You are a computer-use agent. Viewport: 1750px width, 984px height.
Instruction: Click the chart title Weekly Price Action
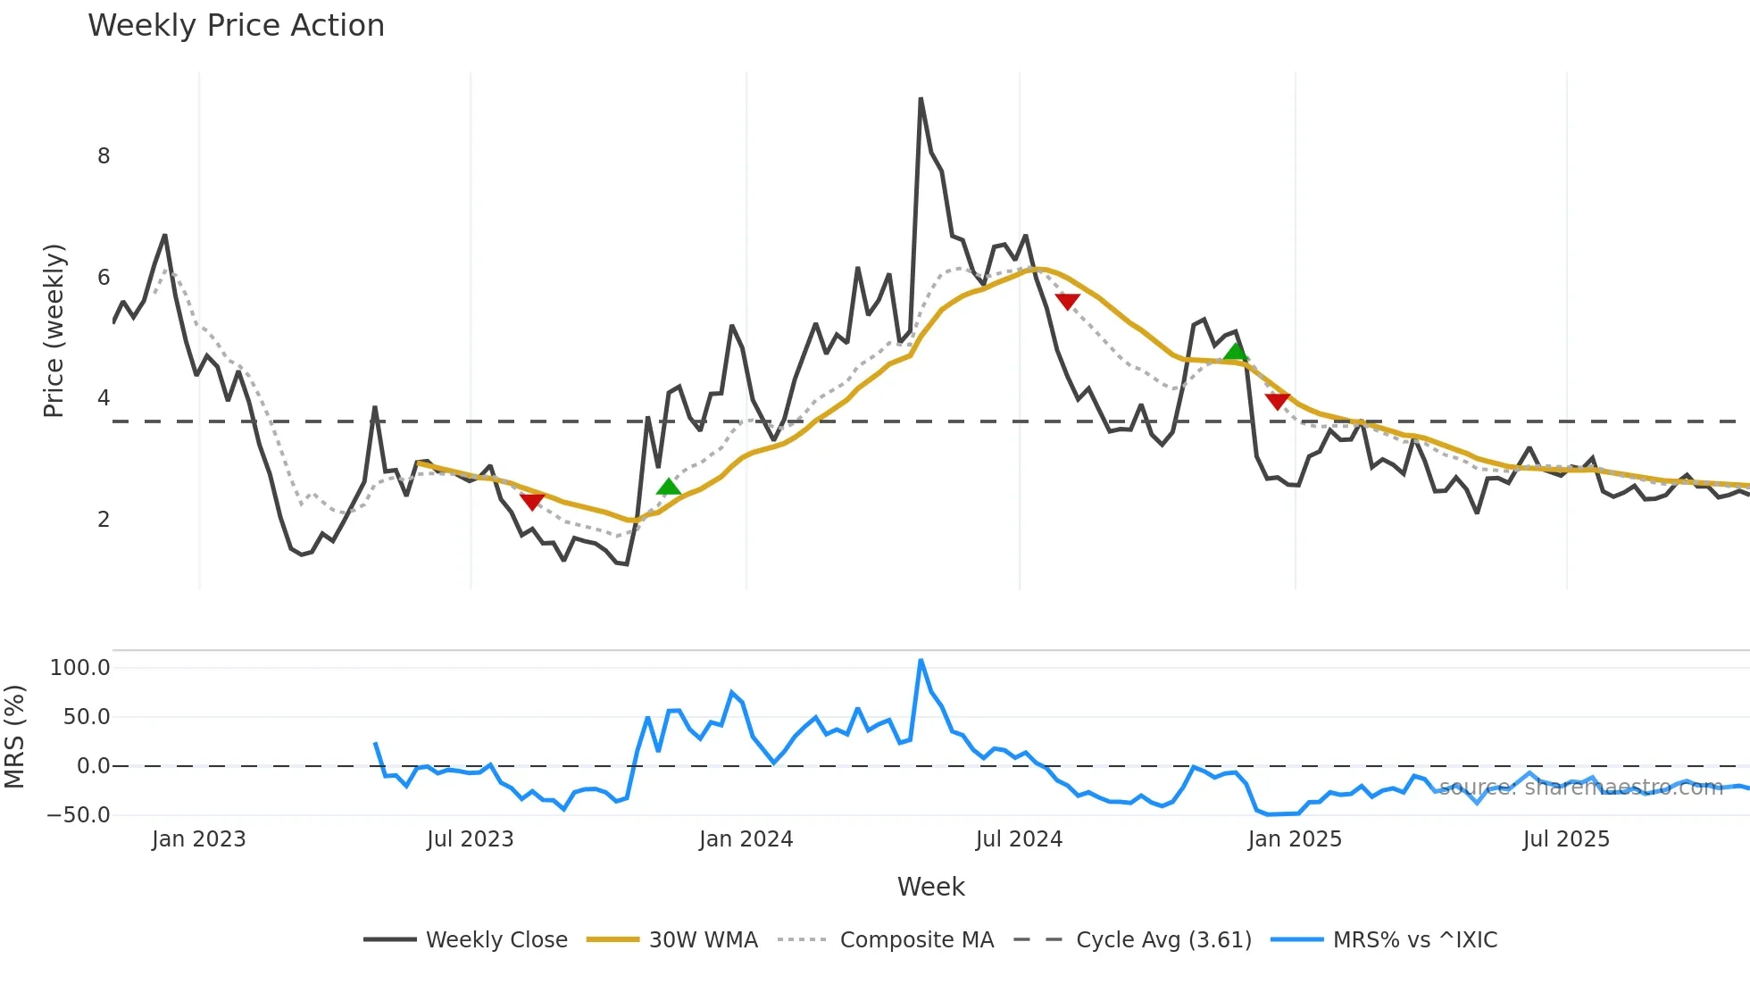tap(236, 26)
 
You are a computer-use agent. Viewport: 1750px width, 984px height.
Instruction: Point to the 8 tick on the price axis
tap(104, 156)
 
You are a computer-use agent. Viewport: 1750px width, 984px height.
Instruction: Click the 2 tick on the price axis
tap(104, 520)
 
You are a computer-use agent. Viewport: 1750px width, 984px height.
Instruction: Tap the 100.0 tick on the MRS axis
tap(80, 668)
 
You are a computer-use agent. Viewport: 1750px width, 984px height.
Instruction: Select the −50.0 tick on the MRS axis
tap(79, 815)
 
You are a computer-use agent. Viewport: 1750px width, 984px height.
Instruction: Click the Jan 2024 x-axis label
tap(746, 839)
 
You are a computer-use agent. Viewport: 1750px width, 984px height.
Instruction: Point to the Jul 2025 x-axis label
tap(1566, 839)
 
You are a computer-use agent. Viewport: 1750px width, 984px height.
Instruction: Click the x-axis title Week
tap(930, 887)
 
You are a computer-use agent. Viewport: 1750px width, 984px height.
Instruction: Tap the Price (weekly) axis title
tap(54, 330)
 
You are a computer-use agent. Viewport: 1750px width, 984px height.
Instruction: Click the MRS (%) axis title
tap(14, 737)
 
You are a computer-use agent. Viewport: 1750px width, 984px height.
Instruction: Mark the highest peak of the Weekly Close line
tap(921, 99)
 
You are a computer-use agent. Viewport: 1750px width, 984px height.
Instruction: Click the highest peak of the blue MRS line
tap(921, 661)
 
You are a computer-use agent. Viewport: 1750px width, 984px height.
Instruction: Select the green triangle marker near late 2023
tap(668, 487)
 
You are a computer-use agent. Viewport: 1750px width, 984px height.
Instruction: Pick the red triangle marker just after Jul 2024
tap(1067, 301)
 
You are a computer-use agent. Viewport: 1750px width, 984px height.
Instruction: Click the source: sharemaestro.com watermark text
tap(1580, 788)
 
